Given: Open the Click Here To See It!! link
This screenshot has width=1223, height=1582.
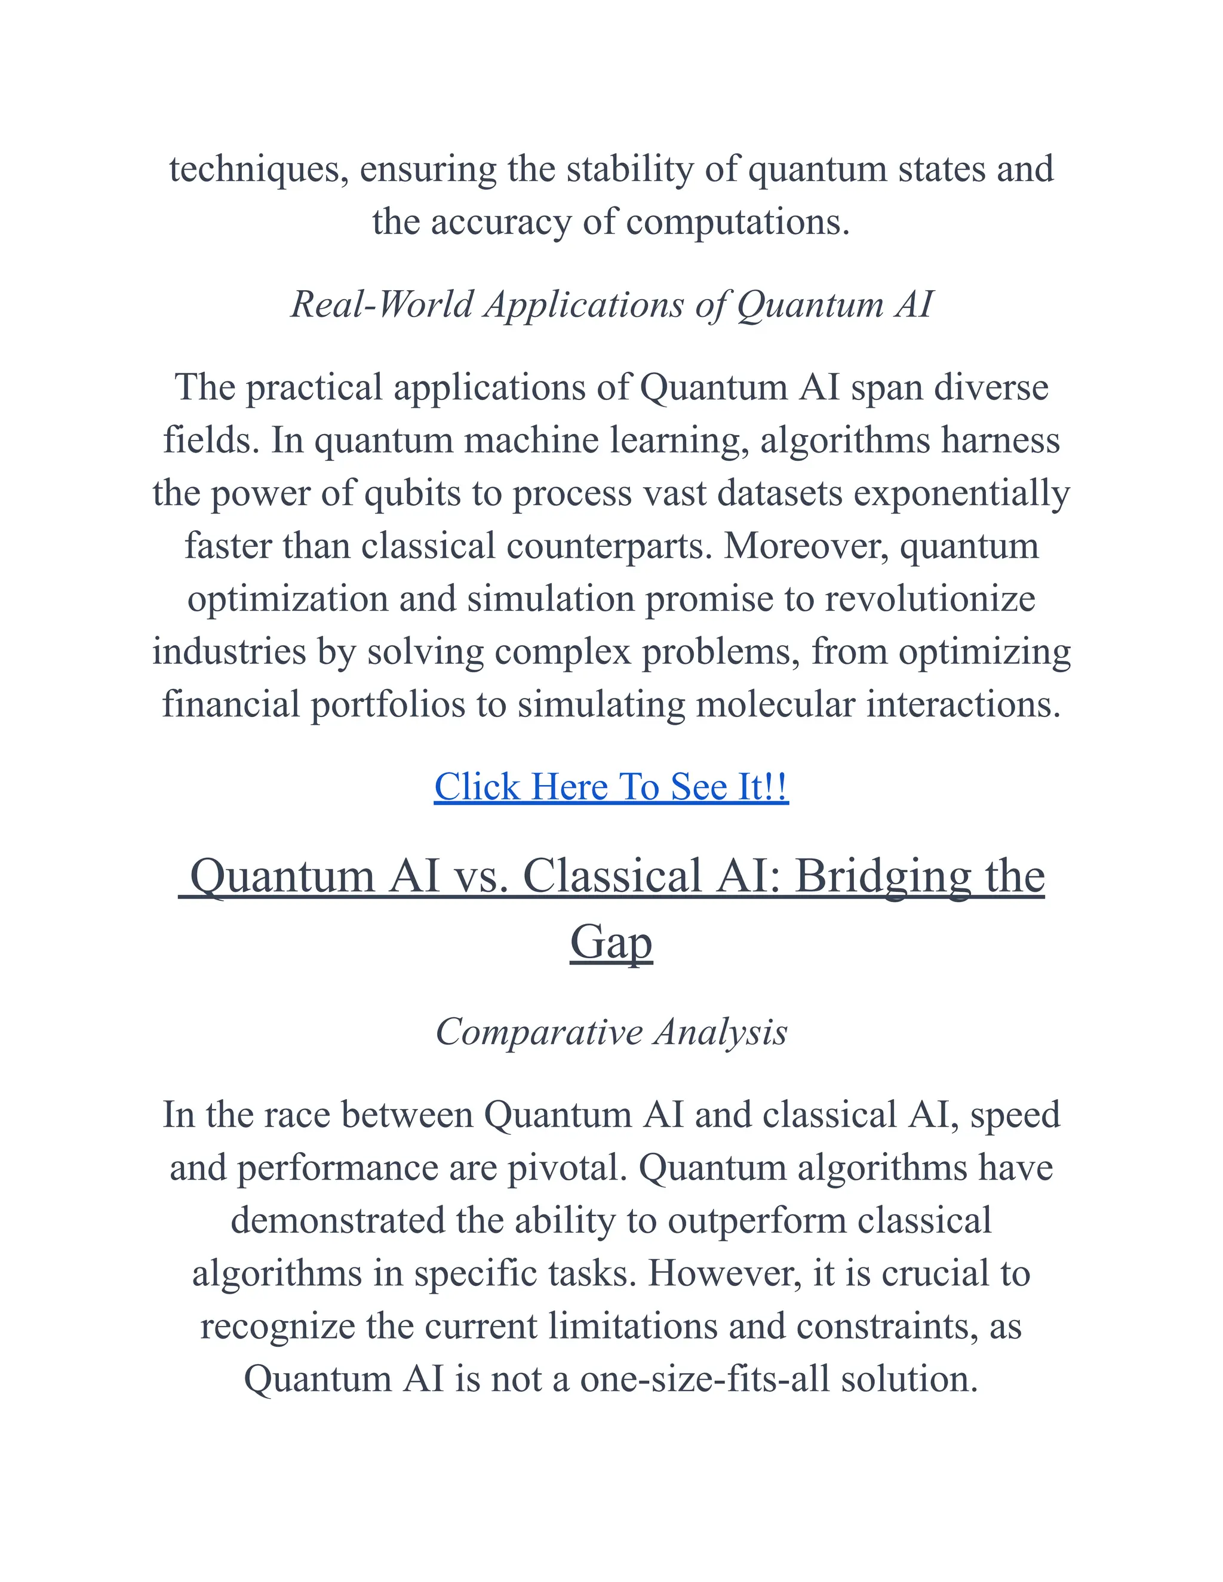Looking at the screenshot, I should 611,787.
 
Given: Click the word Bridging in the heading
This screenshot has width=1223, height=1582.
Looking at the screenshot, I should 883,876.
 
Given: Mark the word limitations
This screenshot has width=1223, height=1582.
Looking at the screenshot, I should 632,1326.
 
